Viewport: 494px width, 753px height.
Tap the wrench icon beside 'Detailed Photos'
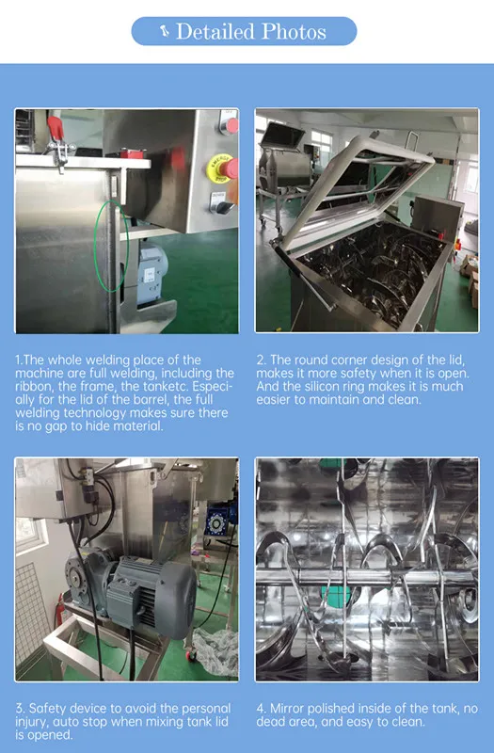pyautogui.click(x=165, y=31)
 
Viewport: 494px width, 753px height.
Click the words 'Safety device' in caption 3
pyautogui.click(x=62, y=708)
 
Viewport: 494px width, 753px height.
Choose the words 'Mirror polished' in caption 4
pyautogui.click(x=316, y=708)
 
